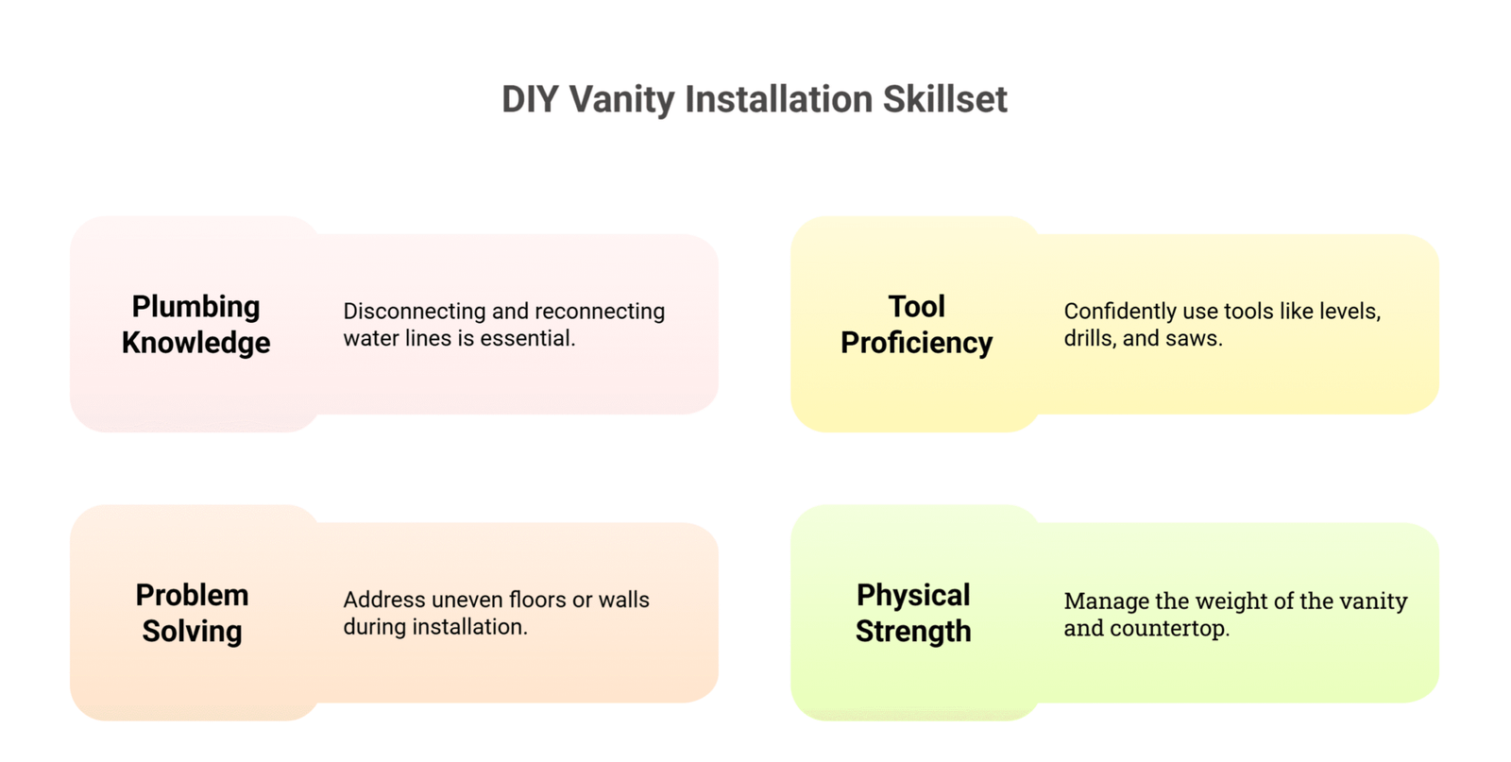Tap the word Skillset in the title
(945, 99)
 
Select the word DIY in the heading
(530, 99)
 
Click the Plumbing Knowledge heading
(195, 325)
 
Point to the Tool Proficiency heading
(916, 325)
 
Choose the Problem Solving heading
(193, 613)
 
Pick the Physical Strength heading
(913, 613)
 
